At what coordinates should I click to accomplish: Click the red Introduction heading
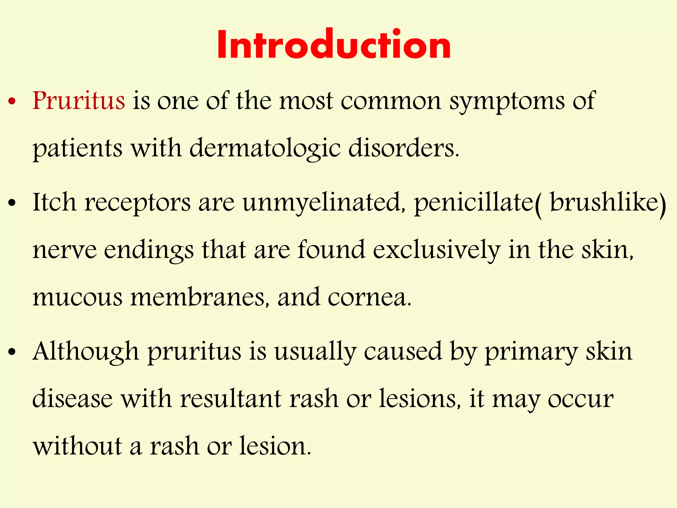(x=334, y=44)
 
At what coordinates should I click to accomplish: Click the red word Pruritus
(x=79, y=101)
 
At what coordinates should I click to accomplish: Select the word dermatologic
(x=265, y=148)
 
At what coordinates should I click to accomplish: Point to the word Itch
(x=54, y=202)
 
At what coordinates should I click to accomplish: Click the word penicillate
(x=474, y=203)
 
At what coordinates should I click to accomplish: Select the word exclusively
(x=436, y=250)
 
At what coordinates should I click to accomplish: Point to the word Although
(x=86, y=352)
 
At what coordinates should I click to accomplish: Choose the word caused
(x=403, y=352)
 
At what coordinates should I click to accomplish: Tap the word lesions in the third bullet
(x=419, y=399)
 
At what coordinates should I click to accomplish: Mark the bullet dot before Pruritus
(x=12, y=102)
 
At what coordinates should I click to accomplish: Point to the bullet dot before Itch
(x=12, y=204)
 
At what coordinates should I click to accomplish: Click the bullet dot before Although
(x=12, y=353)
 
